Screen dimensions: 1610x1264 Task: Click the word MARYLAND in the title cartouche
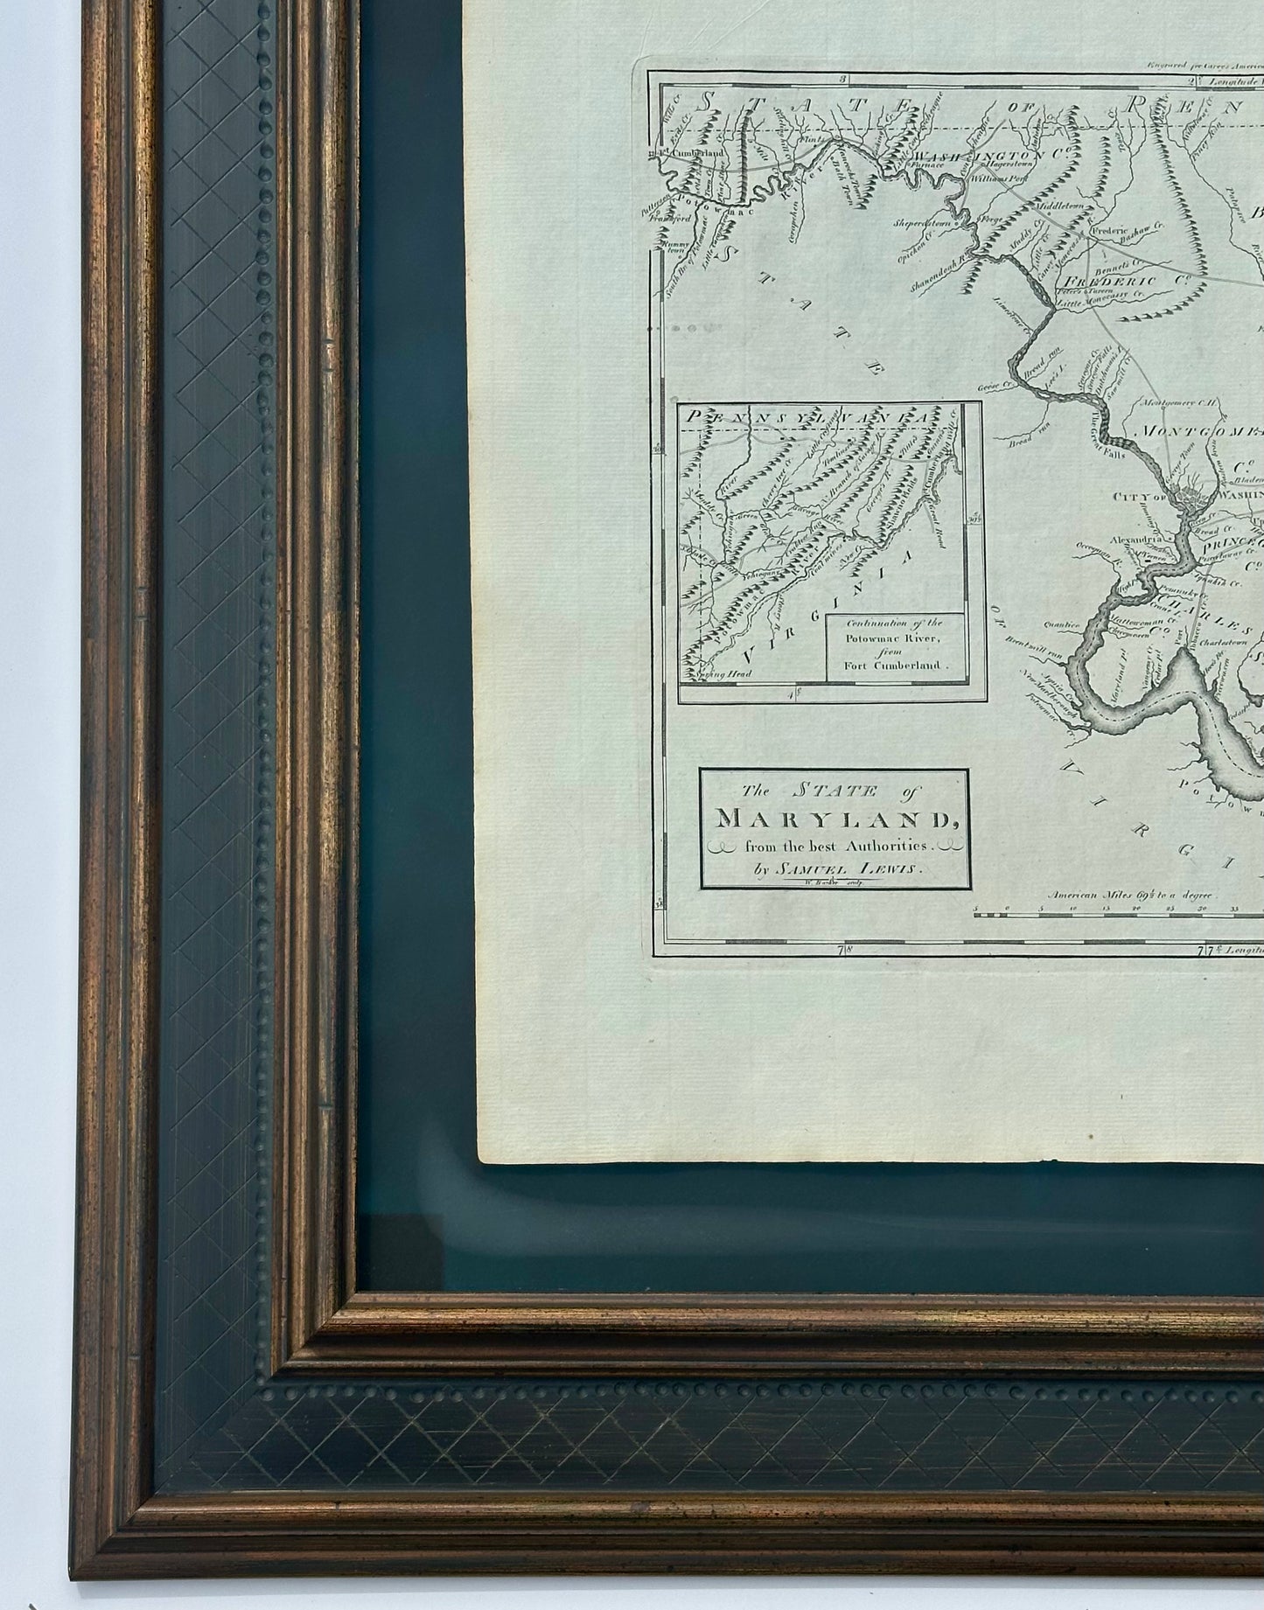(x=834, y=819)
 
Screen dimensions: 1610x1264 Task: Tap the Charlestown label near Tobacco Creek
(x=1224, y=639)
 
